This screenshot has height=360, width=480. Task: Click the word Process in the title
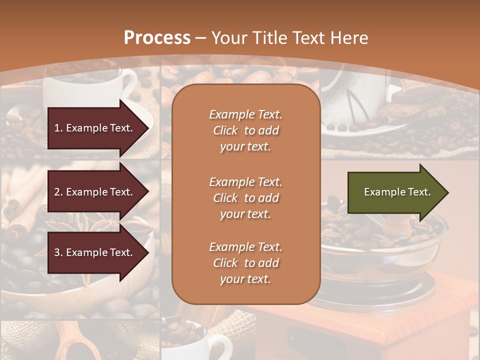tap(157, 38)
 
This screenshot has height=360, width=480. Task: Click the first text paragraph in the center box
tap(245, 130)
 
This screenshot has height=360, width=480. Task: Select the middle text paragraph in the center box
tap(245, 198)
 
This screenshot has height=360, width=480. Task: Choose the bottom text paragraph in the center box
tap(245, 263)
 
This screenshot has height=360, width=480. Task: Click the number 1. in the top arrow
tap(58, 128)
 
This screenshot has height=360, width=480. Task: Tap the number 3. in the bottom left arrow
tap(58, 252)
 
